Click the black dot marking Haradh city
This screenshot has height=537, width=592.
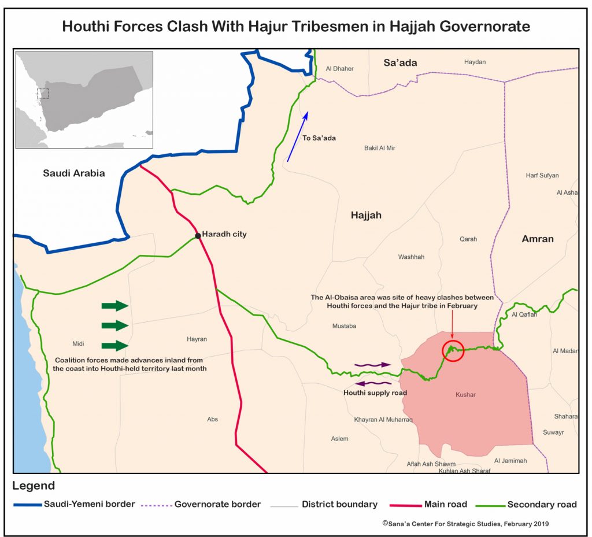(198, 235)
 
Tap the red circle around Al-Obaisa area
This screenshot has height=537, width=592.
(453, 351)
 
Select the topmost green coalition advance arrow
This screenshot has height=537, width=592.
(114, 306)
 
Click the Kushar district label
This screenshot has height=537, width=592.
(465, 394)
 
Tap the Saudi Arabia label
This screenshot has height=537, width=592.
(74, 173)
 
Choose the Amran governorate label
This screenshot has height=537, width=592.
(538, 239)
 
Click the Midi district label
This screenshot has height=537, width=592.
(79, 343)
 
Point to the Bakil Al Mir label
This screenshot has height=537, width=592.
(380, 148)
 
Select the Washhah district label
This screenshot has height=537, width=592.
(411, 257)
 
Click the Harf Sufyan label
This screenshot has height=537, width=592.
(542, 175)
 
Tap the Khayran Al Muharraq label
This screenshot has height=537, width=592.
(383, 420)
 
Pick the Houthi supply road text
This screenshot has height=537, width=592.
(375, 393)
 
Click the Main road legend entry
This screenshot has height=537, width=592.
(445, 504)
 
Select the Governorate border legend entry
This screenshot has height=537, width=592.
(217, 504)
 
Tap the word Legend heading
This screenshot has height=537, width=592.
(34, 486)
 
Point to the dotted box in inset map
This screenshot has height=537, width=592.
(43, 94)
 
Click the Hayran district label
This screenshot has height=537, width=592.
(197, 339)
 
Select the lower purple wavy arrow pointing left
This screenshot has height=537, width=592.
(373, 383)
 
